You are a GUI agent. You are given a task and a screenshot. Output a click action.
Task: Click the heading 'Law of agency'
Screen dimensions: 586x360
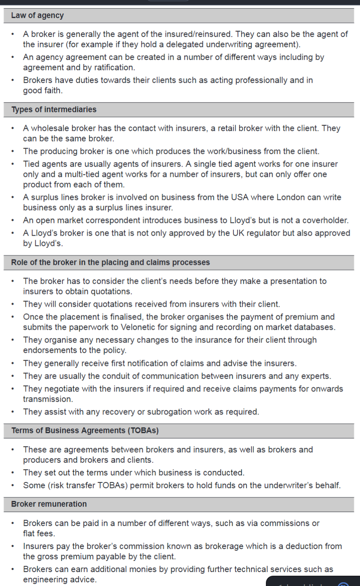click(37, 16)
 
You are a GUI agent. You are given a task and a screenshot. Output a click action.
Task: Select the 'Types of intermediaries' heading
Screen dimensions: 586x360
click(54, 110)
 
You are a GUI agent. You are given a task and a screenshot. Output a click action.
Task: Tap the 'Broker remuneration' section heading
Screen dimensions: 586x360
click(49, 504)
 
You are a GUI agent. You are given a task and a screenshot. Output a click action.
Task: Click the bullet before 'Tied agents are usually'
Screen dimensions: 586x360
click(13, 164)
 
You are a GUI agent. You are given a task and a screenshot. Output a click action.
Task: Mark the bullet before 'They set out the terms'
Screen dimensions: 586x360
click(13, 473)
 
